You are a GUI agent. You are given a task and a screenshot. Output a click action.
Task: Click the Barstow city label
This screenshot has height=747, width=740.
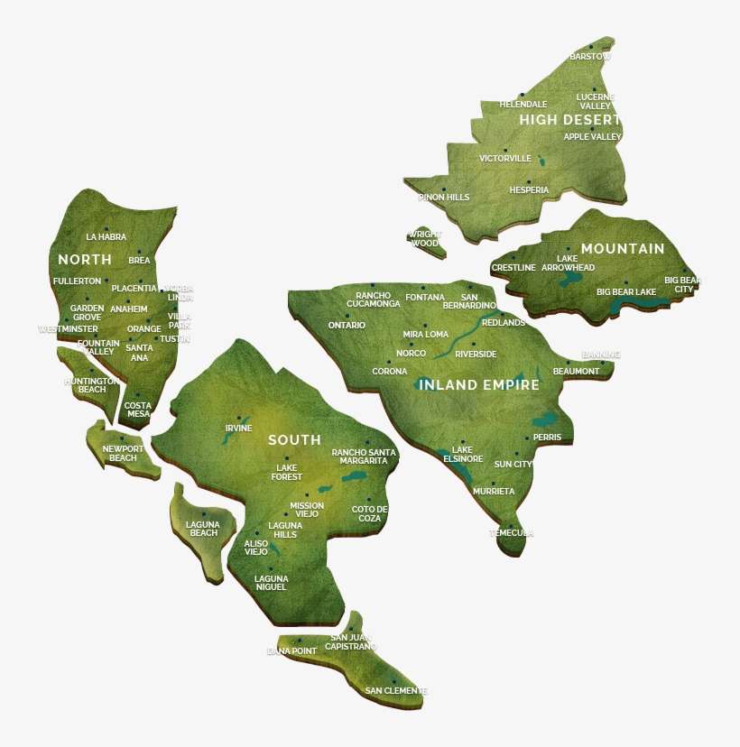pos(590,57)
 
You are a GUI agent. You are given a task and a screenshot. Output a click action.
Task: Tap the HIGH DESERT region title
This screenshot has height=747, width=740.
pos(569,119)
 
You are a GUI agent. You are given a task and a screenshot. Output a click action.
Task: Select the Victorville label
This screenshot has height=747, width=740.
pos(505,159)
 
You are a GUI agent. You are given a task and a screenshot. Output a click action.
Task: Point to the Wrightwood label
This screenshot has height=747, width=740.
pos(425,239)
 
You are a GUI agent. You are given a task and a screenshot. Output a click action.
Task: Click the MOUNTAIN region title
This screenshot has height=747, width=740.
pos(623,249)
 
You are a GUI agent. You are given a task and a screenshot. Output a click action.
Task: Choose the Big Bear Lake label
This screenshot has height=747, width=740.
pos(626,292)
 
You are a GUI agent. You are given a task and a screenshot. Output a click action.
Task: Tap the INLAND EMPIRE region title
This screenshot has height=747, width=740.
pos(478,385)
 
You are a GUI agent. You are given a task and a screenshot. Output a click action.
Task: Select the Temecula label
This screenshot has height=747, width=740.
pos(512,533)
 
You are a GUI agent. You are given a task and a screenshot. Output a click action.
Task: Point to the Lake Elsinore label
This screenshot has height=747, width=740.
pos(462,454)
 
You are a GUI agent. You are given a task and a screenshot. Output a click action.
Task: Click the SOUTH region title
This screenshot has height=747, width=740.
pos(294,440)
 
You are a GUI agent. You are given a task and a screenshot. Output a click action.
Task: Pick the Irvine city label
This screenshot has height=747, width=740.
pos(239,429)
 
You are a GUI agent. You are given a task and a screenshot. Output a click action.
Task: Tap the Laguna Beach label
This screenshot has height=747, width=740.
pos(203,529)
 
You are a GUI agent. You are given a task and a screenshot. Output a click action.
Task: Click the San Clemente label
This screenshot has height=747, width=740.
pos(395,691)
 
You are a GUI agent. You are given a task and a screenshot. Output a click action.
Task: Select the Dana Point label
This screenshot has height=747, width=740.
pos(291,650)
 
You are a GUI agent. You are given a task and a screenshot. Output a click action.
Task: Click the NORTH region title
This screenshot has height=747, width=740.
pos(85,260)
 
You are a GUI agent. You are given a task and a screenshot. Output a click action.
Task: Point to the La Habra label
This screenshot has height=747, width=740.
pos(106,237)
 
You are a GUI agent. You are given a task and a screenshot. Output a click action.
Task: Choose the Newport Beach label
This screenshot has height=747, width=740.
pos(123,453)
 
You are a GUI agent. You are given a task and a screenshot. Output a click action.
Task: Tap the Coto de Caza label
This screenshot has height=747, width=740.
pos(369,513)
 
